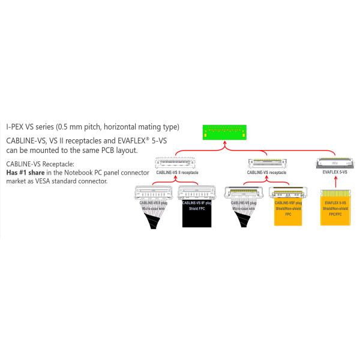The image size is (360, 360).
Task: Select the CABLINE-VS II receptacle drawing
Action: click(176, 162)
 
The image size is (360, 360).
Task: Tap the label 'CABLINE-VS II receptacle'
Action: click(176, 172)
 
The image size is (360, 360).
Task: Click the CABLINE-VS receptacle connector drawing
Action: click(267, 162)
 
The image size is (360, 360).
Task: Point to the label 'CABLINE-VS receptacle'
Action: click(266, 172)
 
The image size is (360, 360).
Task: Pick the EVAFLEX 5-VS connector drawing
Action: click(335, 162)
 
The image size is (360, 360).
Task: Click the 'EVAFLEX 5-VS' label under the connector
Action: click(335, 172)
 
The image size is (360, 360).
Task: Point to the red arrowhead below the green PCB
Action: click(225, 144)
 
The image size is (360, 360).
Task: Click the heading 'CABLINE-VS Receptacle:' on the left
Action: click(40, 164)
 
